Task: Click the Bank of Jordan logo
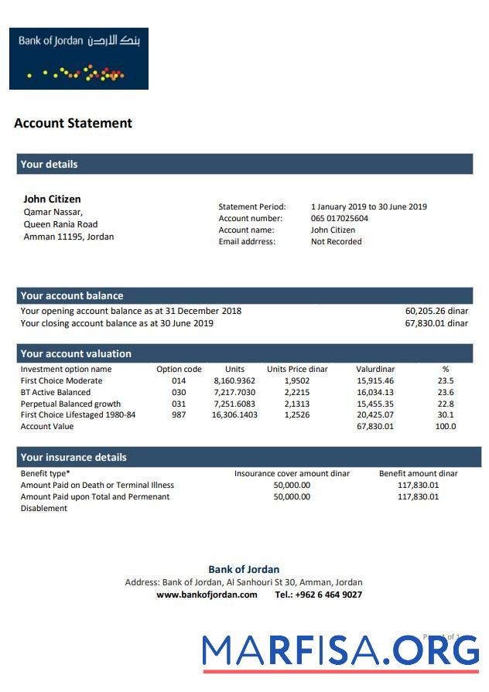(78, 59)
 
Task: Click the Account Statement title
(73, 123)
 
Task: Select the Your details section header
(49, 164)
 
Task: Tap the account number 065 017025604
(340, 218)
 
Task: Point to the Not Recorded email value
(336, 241)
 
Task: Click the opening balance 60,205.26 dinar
(436, 311)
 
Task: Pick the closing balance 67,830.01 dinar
(436, 323)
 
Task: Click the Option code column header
(179, 369)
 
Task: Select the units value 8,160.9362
(234, 380)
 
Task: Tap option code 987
(179, 414)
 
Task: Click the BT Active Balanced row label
(55, 392)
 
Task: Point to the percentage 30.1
(446, 414)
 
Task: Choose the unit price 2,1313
(297, 404)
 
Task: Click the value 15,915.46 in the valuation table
(375, 380)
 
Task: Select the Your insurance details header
(74, 457)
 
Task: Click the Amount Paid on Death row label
(97, 485)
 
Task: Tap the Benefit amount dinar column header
(418, 473)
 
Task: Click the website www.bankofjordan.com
(207, 595)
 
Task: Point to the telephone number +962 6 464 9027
(318, 595)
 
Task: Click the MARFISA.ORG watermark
(340, 651)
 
